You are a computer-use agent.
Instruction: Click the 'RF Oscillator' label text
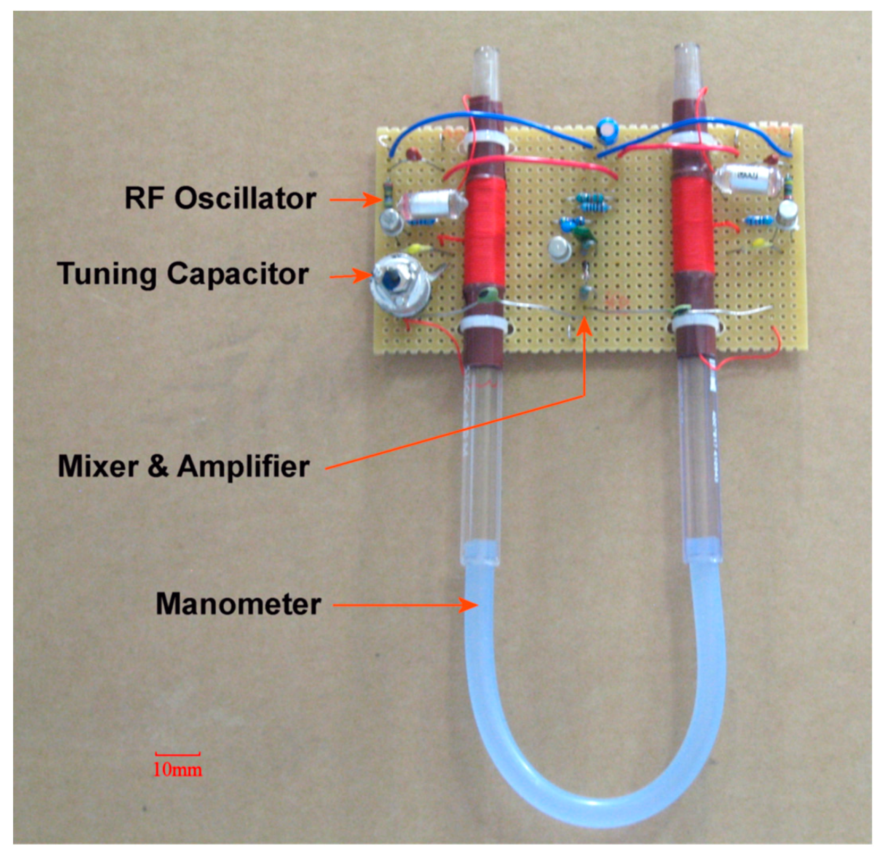point(220,198)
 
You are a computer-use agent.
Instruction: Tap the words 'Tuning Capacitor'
point(183,274)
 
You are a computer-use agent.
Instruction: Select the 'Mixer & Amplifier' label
point(183,467)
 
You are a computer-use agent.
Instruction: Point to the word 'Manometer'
point(238,604)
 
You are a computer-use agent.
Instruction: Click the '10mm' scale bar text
point(178,770)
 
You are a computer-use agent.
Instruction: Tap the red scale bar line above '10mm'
point(178,754)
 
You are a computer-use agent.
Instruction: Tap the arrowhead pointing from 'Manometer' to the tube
point(470,605)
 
